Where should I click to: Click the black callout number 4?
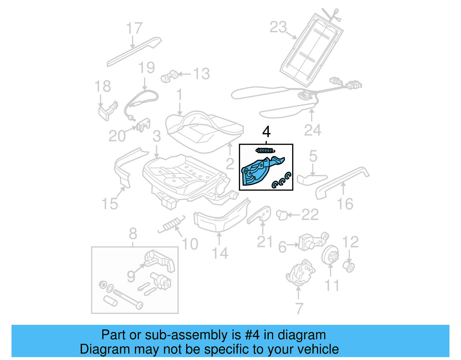click(x=266, y=132)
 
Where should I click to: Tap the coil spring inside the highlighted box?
click(x=265, y=150)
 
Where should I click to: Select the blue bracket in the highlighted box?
click(x=258, y=172)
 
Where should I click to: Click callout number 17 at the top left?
click(x=134, y=28)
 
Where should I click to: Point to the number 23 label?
click(x=278, y=27)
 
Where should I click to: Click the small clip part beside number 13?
click(x=169, y=76)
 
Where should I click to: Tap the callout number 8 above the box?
click(x=133, y=233)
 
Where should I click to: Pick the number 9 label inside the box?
click(x=131, y=277)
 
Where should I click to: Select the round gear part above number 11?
click(x=330, y=255)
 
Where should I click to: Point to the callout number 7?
click(x=299, y=308)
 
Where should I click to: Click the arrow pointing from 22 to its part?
click(x=294, y=215)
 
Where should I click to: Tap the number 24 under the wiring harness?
click(x=312, y=130)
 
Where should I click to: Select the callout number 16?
click(x=345, y=204)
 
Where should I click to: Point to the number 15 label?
click(x=110, y=204)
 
